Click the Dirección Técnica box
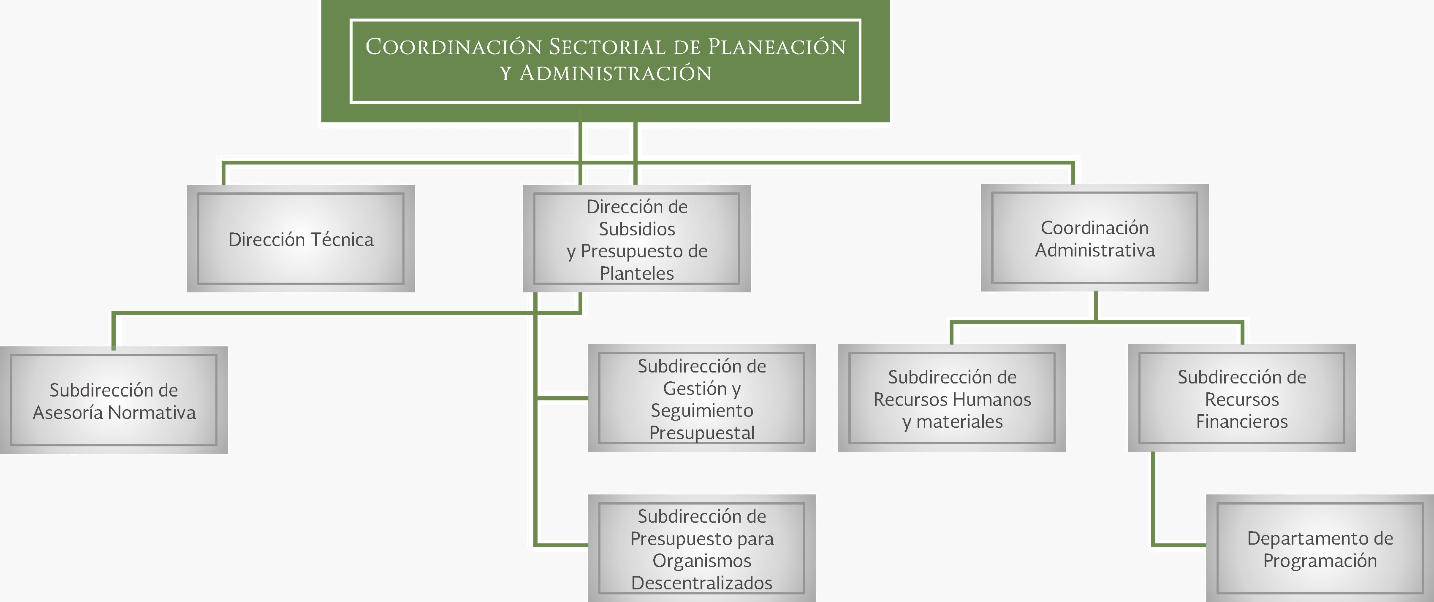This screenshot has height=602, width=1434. [x=301, y=239]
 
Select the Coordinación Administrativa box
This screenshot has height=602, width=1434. [x=1095, y=238]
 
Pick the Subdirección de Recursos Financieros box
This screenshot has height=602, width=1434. [x=1241, y=398]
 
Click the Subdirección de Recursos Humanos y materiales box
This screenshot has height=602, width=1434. [x=952, y=398]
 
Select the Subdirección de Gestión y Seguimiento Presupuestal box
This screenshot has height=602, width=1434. [x=701, y=398]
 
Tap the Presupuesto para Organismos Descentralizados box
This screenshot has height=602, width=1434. [x=701, y=548]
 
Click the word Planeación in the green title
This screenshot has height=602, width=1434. [x=777, y=47]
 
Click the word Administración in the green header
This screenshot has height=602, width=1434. [x=615, y=73]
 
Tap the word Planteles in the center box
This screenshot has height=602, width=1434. [x=637, y=273]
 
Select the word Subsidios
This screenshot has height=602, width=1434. [x=637, y=229]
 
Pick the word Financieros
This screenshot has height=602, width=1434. [x=1242, y=422]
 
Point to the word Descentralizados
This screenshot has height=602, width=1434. [x=701, y=583]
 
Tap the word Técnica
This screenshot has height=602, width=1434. [x=342, y=239]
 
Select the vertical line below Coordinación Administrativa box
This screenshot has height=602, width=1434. [x=1095, y=305]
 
